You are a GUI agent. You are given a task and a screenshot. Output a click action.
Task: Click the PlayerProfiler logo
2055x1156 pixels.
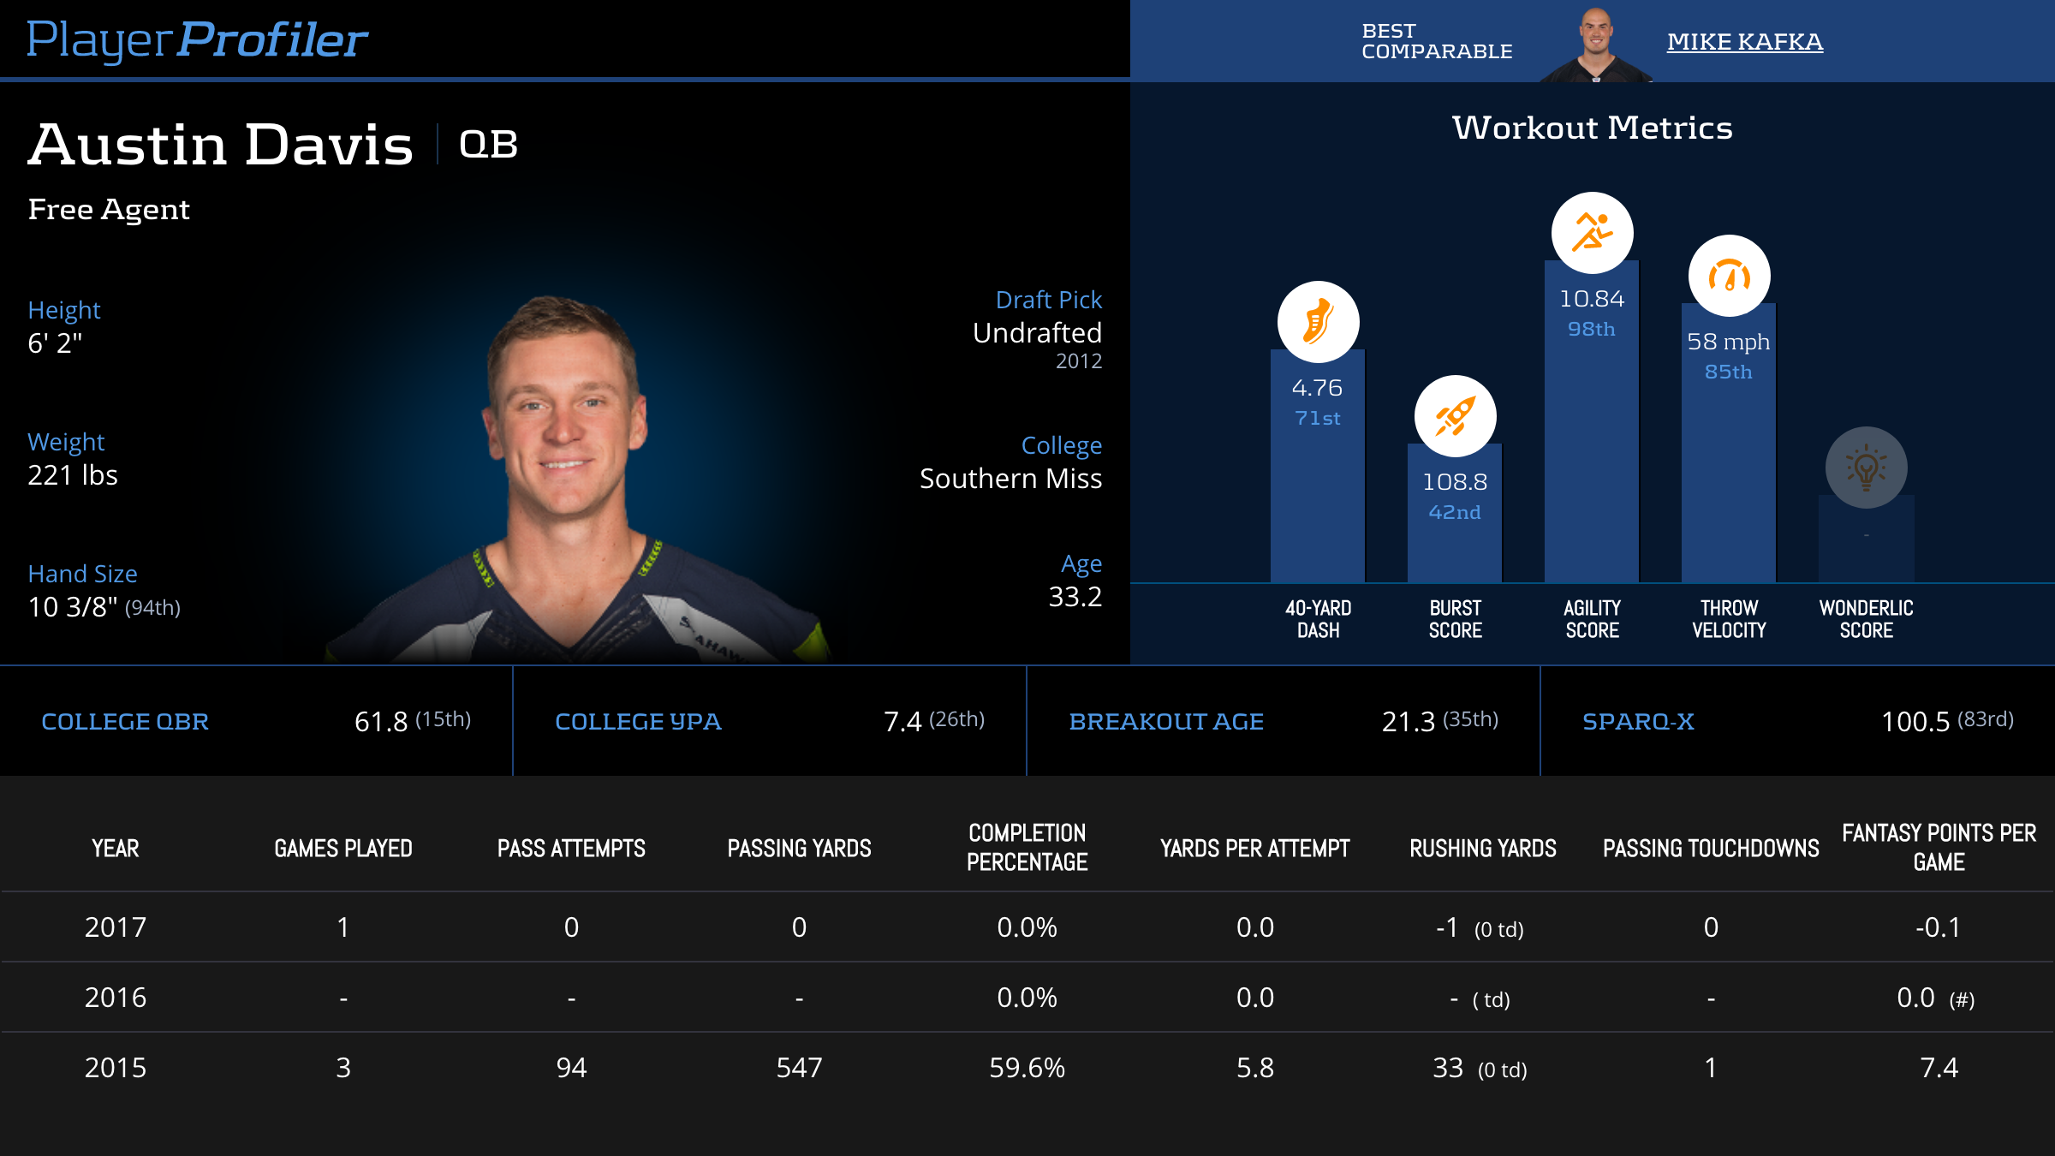point(197,39)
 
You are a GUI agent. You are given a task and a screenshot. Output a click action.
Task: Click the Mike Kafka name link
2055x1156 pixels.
point(1744,41)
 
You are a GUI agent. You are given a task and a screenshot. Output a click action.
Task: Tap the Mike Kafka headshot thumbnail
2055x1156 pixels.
point(1595,45)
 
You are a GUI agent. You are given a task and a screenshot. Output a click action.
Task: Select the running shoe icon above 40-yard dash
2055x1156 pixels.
point(1318,322)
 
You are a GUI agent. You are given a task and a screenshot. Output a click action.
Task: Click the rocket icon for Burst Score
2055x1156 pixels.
point(1455,416)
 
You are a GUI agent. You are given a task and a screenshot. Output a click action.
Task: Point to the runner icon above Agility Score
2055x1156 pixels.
point(1592,233)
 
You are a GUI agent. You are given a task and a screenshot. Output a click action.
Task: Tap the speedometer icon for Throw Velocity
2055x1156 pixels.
point(1729,277)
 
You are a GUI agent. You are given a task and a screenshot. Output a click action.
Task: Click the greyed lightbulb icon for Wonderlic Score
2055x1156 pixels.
point(1866,468)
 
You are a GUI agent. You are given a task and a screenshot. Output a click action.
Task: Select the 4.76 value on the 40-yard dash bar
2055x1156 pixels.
point(1317,388)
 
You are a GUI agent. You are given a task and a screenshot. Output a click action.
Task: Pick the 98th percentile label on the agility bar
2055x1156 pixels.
point(1591,329)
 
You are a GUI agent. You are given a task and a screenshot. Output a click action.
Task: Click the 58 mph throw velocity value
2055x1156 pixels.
point(1728,342)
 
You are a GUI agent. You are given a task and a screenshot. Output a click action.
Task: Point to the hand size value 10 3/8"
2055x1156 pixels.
point(73,607)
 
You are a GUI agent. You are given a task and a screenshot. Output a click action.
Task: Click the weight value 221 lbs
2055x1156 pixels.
point(73,475)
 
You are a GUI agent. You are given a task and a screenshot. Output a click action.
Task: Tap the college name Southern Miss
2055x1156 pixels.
point(1010,479)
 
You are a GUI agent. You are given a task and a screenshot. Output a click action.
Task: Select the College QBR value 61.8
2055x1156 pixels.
point(381,722)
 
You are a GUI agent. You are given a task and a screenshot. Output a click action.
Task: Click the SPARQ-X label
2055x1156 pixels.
point(1638,722)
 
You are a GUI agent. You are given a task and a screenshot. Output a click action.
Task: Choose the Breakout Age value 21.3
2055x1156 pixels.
point(1408,722)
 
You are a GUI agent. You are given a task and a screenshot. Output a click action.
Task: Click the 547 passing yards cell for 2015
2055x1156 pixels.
point(799,1068)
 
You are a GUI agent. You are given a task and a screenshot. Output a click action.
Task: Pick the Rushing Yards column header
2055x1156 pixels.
point(1483,849)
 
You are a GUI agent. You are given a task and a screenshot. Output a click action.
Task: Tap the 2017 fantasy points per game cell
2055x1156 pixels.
point(1938,927)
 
